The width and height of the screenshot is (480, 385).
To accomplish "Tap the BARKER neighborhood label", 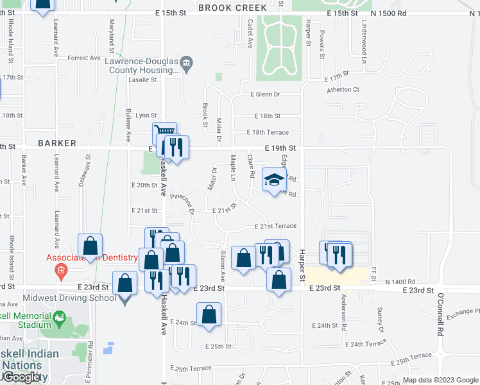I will (56, 143).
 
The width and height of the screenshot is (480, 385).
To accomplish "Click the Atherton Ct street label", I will (343, 90).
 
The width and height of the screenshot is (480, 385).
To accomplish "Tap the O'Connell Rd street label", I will (440, 316).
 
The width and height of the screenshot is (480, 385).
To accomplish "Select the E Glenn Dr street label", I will (265, 94).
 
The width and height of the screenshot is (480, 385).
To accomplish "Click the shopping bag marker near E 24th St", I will (209, 314).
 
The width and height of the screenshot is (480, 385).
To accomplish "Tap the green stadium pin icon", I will (60, 317).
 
